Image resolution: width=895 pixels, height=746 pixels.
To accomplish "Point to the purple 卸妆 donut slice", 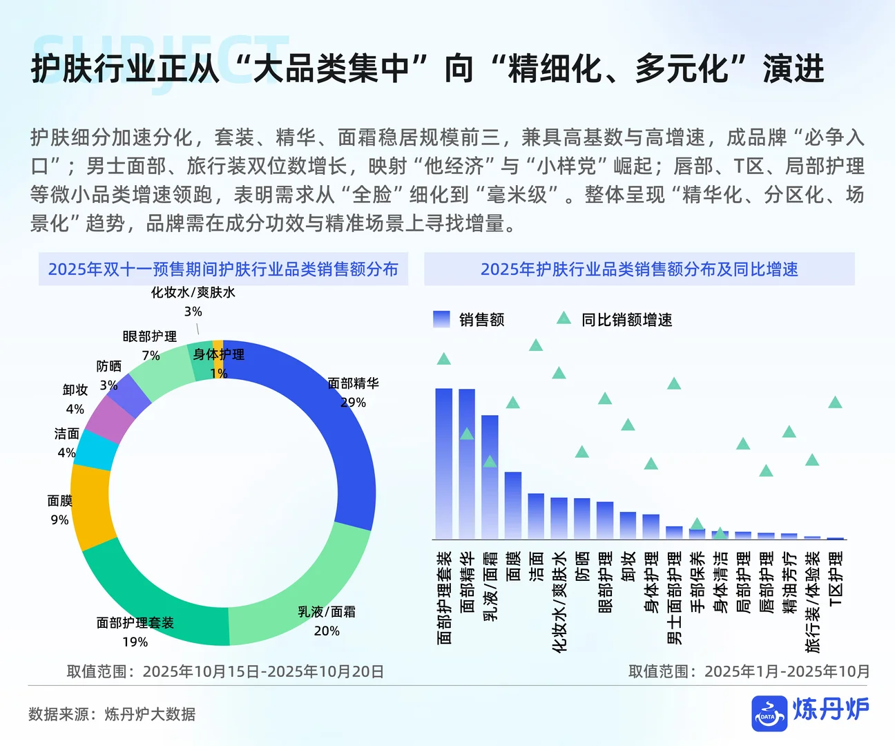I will [x=108, y=419].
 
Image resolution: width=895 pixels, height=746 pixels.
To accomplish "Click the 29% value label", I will [x=353, y=402].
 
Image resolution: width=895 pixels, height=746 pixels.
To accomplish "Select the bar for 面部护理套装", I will [x=444, y=463].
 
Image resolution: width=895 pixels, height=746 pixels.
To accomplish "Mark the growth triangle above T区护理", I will [x=835, y=403].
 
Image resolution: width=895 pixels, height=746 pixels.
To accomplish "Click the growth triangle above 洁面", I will [x=536, y=345].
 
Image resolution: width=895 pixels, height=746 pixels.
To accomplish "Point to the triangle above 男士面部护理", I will [x=674, y=384].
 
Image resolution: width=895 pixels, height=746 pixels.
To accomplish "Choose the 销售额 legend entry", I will [x=469, y=319].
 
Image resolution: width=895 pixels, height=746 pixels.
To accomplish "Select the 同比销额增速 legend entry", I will [x=614, y=319].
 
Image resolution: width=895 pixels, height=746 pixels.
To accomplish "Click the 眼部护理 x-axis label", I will [x=605, y=582].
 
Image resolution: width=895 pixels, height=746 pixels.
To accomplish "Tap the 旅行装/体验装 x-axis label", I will [x=813, y=601].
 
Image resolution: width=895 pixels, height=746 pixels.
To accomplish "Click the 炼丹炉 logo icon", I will [x=769, y=713].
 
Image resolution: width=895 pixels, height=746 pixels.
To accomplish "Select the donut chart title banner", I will [x=223, y=269].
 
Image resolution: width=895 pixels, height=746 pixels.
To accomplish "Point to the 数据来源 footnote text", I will [x=112, y=714].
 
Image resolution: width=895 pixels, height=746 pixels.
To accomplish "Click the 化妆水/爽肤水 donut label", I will [x=193, y=293].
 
